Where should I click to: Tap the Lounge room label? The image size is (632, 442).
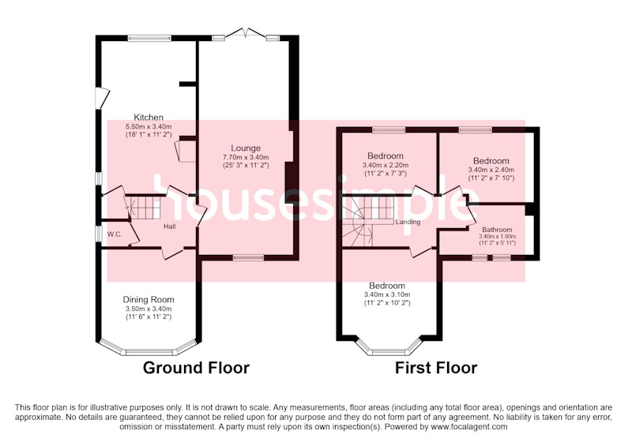click(246, 148)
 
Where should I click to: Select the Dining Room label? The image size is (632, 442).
click(149, 299)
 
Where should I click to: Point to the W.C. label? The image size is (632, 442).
click(115, 234)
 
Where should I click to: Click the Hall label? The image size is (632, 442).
click(170, 227)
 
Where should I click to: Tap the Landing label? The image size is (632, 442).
click(408, 222)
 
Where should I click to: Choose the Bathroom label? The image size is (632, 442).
click(497, 230)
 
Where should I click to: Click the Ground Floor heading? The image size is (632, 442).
click(196, 368)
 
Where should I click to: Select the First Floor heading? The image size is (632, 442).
click(436, 368)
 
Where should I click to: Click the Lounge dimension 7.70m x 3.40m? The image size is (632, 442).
click(246, 157)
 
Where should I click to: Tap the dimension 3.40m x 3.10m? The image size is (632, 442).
click(387, 294)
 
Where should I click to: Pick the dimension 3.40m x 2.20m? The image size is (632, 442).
click(386, 165)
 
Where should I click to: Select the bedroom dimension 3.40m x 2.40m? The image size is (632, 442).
click(491, 170)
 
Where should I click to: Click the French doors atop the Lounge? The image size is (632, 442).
click(246, 34)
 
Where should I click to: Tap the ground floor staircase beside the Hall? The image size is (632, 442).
click(145, 208)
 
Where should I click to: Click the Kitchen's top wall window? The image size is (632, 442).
click(149, 38)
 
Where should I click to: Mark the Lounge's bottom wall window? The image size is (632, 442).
click(248, 257)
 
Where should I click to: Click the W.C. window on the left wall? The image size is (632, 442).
click(98, 234)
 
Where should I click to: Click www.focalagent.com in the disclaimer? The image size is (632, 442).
click(469, 427)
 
